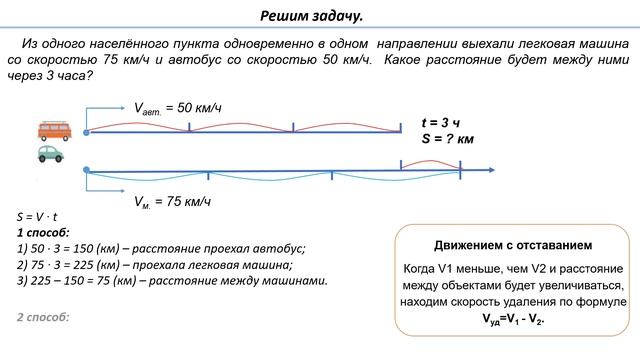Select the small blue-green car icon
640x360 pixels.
click(x=49, y=154)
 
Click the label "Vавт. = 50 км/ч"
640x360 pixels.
click(x=177, y=107)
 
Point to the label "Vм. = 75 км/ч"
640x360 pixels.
click(x=173, y=201)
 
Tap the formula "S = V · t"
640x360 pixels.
click(x=38, y=216)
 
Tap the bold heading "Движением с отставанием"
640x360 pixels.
click(x=513, y=245)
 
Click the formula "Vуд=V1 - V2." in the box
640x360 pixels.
click(x=513, y=321)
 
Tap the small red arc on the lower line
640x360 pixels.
click(x=430, y=163)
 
